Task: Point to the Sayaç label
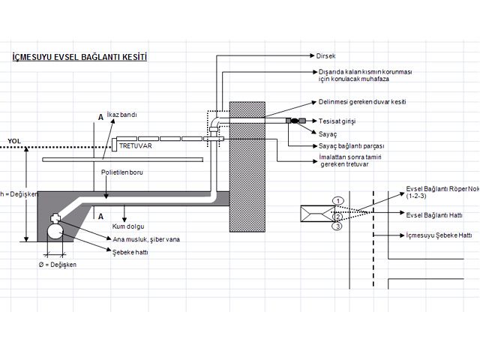328,133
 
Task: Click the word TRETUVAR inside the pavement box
136,145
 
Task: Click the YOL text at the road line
14,141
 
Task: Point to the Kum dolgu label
127,226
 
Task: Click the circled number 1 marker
338,201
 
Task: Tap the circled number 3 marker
338,226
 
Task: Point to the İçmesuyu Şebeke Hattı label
439,235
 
